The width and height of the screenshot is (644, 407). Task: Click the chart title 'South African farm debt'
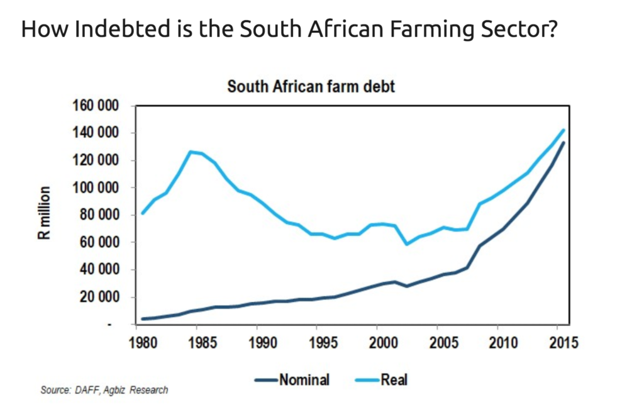311,86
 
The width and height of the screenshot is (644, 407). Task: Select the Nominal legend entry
292,379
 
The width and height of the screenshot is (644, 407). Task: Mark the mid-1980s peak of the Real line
190,152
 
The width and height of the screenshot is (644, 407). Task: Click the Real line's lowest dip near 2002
407,244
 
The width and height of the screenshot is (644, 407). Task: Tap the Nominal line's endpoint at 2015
563,143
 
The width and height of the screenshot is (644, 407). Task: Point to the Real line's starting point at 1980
142,213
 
